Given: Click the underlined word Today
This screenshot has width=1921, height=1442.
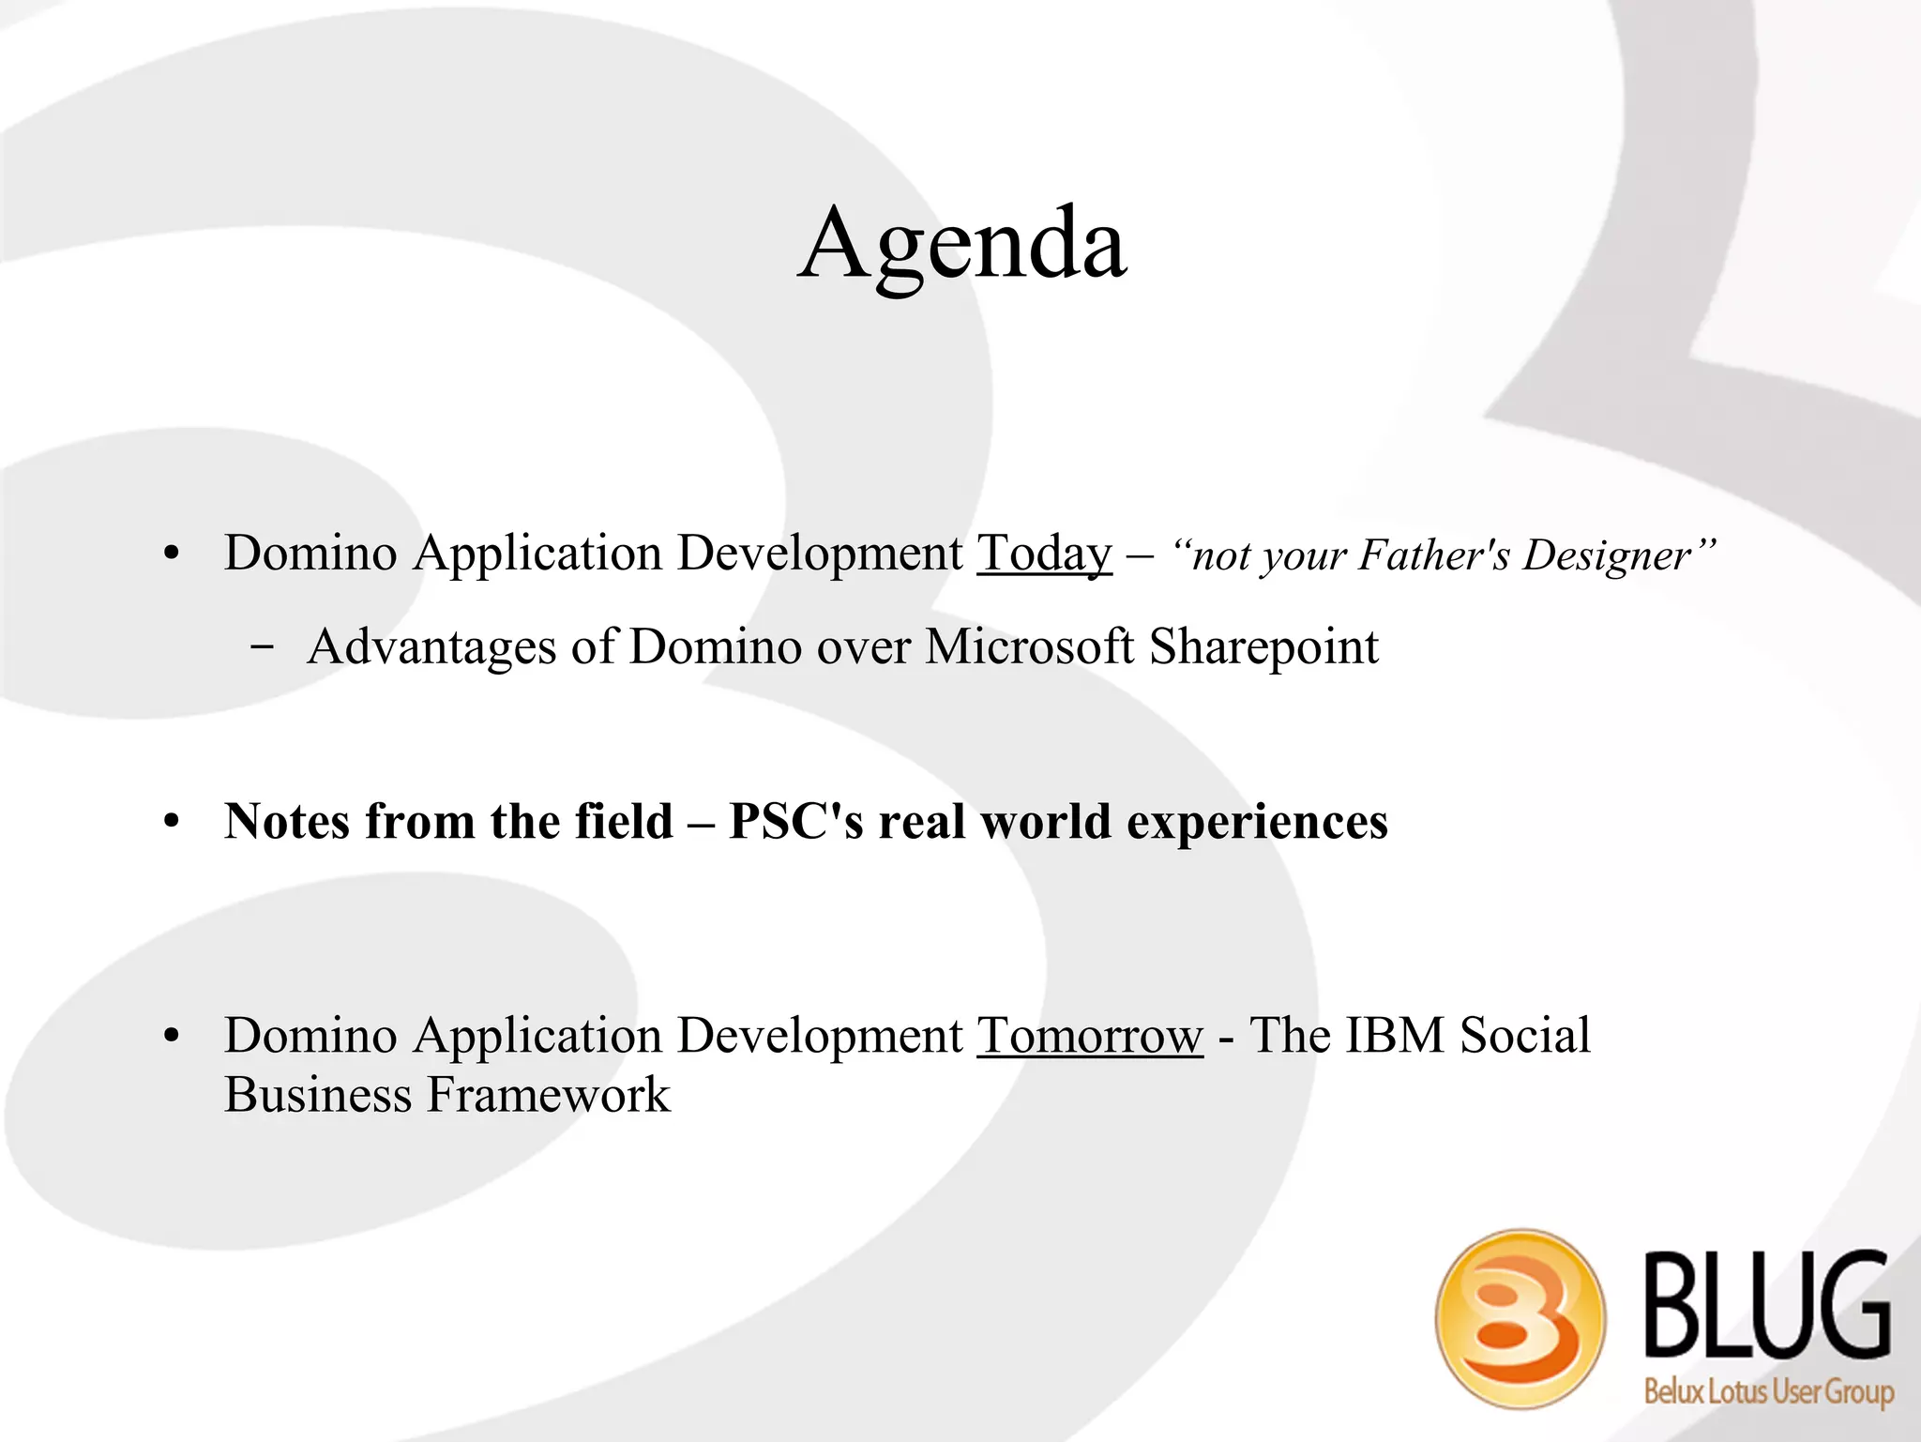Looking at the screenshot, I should (1044, 554).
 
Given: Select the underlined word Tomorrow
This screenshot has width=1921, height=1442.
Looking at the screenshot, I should (1089, 1037).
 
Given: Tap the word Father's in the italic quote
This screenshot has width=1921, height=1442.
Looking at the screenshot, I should (1434, 554).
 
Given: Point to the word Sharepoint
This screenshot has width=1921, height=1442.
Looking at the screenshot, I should (1263, 647).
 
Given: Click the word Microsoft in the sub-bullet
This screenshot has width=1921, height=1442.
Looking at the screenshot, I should (1029, 647).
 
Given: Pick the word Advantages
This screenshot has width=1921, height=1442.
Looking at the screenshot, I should (431, 647).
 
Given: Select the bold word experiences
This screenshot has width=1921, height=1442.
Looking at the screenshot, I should (1256, 823).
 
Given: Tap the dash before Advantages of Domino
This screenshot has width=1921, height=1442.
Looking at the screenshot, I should (264, 647).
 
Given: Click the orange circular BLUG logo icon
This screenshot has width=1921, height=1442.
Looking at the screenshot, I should (1520, 1318).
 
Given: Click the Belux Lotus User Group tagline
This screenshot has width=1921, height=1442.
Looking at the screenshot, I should (1768, 1389).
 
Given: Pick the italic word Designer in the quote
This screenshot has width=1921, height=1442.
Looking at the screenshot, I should (1607, 554).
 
